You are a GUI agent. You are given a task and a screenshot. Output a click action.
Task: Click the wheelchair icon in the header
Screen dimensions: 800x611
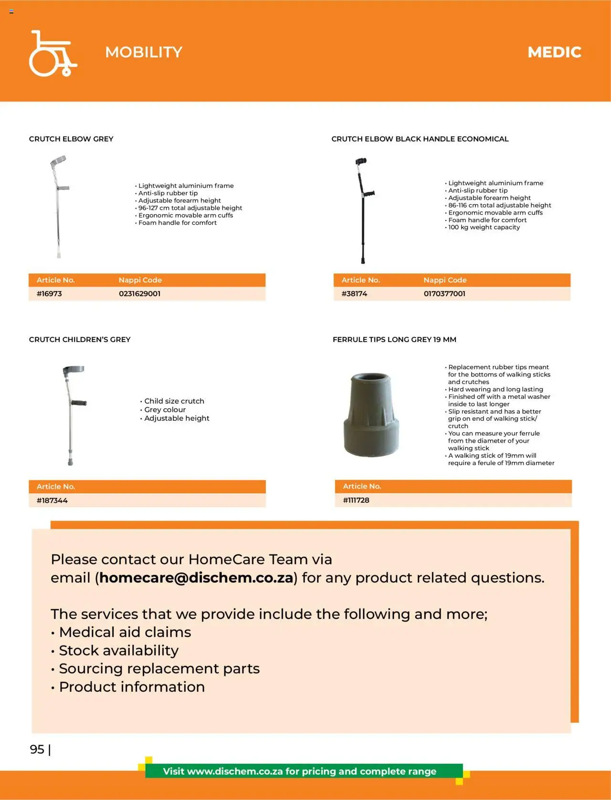click(52, 53)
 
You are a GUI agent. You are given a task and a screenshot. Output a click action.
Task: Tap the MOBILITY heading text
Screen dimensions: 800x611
click(144, 52)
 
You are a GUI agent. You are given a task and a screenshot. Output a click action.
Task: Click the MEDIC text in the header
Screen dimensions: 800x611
click(554, 52)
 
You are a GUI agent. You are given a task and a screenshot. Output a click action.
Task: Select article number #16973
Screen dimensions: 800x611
click(49, 294)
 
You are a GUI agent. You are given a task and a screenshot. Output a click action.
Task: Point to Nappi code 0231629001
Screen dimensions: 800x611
click(139, 294)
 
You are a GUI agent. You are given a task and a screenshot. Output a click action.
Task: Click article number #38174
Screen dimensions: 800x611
click(354, 294)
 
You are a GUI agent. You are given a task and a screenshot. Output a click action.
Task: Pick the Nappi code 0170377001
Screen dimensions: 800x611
click(444, 294)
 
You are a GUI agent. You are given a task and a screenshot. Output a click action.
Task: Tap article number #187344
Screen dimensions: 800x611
click(52, 500)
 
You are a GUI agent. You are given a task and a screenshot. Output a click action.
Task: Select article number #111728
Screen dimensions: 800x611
click(356, 500)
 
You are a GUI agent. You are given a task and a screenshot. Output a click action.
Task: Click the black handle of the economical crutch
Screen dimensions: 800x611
click(369, 194)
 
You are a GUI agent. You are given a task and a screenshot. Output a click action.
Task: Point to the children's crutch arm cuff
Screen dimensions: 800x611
click(74, 370)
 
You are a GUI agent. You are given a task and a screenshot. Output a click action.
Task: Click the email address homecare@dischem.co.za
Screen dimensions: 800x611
click(196, 578)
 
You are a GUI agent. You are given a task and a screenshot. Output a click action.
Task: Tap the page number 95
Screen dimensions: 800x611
click(37, 749)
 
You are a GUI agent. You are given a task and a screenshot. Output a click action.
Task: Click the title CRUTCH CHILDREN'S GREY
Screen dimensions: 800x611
click(80, 340)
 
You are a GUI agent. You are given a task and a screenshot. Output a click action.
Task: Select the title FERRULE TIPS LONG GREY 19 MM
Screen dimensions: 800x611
click(394, 340)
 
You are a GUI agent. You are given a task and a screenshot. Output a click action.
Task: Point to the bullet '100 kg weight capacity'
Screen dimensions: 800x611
click(484, 228)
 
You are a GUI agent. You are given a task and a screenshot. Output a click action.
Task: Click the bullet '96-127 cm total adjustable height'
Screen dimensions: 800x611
click(190, 208)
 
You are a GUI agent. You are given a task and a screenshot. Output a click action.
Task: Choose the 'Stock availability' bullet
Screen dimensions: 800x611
click(118, 651)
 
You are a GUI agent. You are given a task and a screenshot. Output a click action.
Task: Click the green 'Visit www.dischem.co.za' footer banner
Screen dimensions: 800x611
click(300, 771)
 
